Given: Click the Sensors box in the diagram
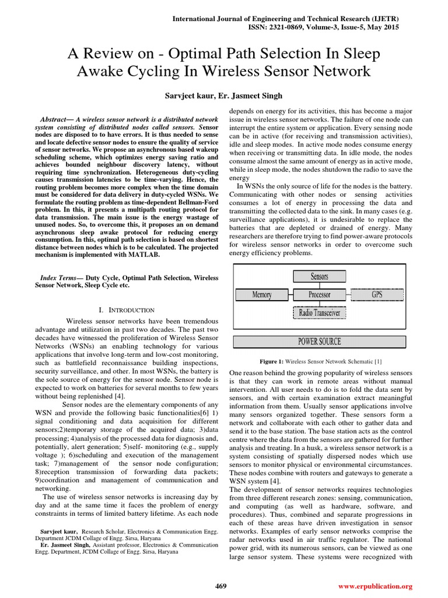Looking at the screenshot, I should [320, 276].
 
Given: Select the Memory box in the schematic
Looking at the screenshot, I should [262, 295].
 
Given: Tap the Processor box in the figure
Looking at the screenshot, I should [320, 295].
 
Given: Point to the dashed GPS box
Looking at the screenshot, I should [377, 295].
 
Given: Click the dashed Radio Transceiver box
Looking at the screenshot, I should [320, 313].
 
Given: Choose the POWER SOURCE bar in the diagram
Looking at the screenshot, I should [320, 342].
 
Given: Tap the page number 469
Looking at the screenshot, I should [221, 586].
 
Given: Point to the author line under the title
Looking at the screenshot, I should [223, 95].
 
